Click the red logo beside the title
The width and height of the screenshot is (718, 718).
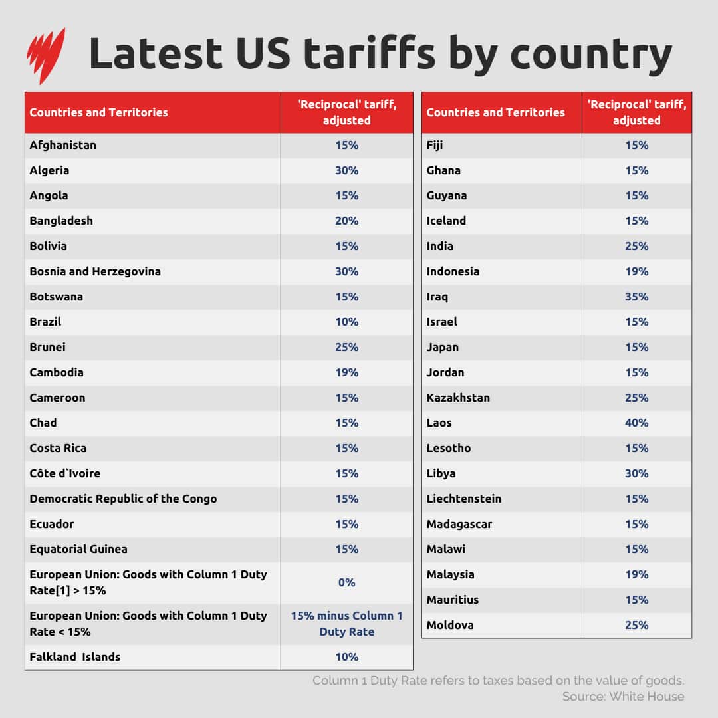46,55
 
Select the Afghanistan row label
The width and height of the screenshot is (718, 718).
63,145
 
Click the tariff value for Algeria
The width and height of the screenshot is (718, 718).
346,170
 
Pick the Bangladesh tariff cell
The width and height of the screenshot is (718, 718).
346,221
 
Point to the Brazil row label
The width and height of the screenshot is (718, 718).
45,322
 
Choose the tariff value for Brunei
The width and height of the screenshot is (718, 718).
346,347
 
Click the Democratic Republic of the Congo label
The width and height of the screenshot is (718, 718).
123,499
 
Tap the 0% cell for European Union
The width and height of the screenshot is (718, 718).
346,582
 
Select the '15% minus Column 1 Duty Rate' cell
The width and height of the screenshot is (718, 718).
346,624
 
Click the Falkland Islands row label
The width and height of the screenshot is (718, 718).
75,657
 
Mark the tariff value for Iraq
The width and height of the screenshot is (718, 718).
636,297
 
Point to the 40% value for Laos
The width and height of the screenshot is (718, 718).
636,423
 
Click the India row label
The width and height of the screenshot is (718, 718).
440,246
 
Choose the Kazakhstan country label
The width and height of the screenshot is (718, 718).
458,398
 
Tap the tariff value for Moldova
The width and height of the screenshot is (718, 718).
636,625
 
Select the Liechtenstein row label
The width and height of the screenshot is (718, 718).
464,499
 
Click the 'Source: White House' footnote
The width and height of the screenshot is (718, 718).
623,697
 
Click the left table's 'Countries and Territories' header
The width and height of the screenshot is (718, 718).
99,112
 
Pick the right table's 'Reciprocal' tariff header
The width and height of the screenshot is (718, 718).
636,112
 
